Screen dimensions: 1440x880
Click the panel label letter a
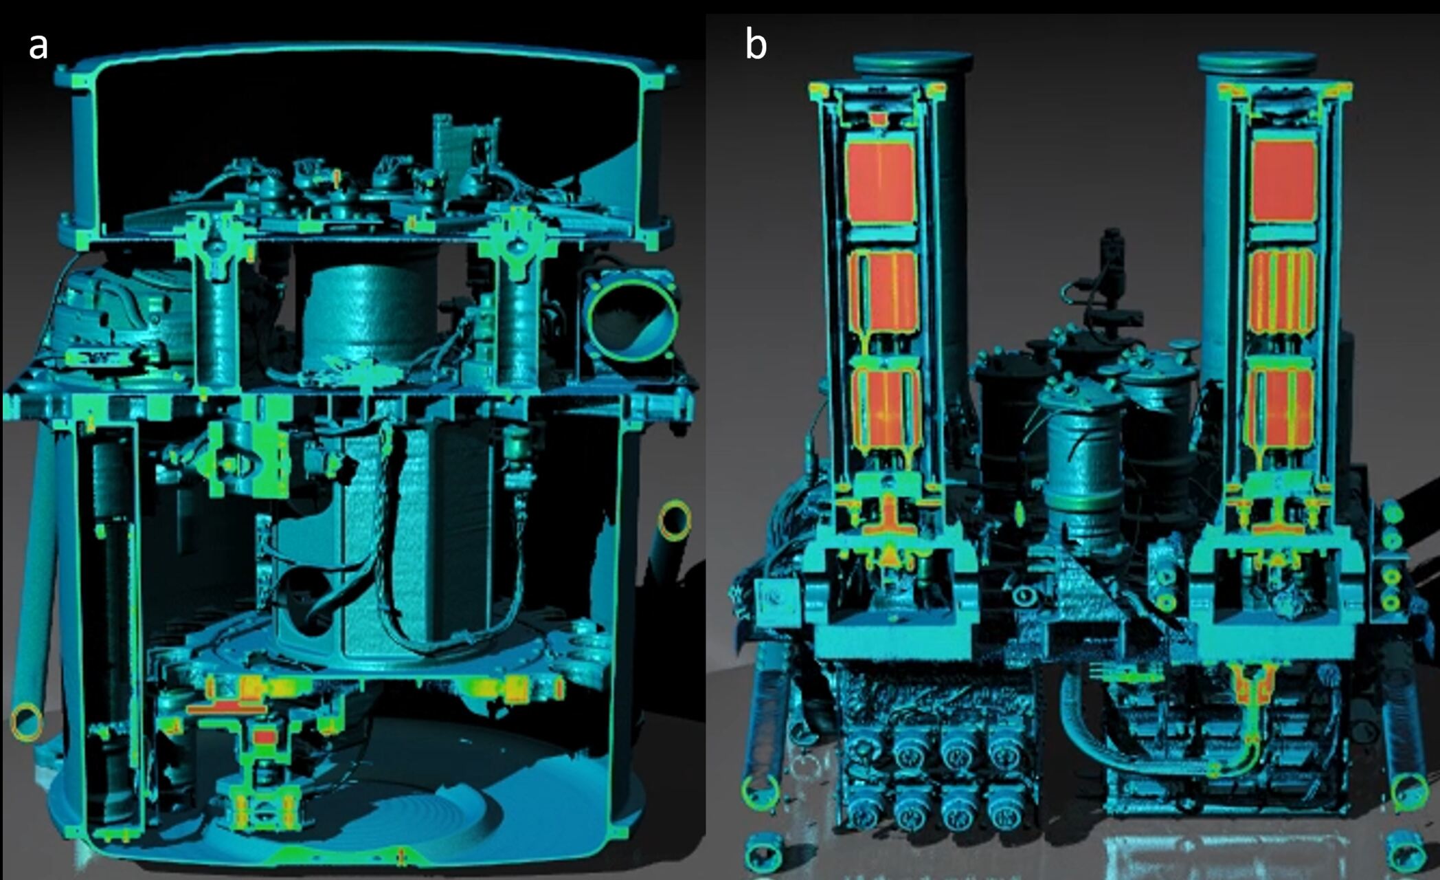click(x=38, y=47)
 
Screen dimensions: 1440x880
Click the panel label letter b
click(x=756, y=45)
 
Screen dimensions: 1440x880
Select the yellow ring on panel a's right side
click(x=674, y=520)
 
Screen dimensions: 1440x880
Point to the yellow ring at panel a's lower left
click(x=26, y=722)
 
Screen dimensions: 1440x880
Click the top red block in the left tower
click(x=880, y=180)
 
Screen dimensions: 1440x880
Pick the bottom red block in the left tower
click(x=887, y=408)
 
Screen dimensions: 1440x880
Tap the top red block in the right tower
click(x=1283, y=180)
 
